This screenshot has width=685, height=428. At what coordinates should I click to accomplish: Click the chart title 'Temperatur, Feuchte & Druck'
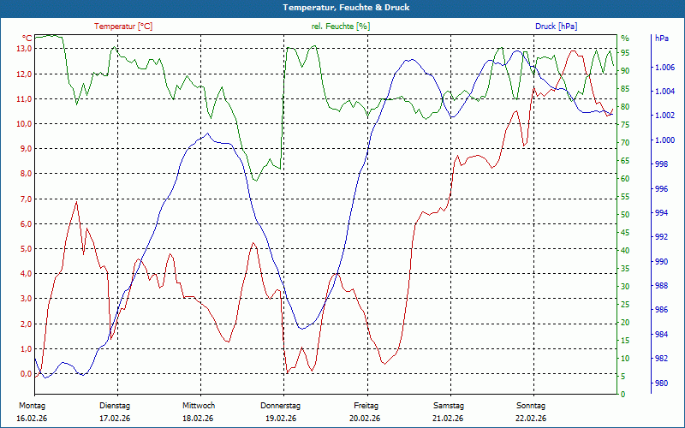pos(342,7)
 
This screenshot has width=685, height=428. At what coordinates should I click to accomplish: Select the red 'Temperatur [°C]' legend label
pos(123,27)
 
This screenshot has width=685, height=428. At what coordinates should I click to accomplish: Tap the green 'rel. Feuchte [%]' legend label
pos(341,27)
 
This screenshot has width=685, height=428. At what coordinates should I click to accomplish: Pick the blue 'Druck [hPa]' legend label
pos(557,27)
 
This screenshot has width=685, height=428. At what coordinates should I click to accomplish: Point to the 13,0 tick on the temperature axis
pos(24,49)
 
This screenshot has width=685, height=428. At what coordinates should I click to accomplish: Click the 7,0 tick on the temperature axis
pos(24,199)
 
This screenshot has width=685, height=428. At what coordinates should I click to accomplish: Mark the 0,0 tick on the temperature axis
pos(24,374)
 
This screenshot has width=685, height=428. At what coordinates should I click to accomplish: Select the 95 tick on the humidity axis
pos(625,52)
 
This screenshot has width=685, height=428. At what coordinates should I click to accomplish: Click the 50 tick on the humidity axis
pos(625,215)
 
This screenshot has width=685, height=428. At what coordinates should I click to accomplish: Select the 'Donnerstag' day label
pos(281,405)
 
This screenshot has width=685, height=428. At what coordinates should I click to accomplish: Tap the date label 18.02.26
pos(198,419)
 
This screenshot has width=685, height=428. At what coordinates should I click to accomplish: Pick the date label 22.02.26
pos(531,419)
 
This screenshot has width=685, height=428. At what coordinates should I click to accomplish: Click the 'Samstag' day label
pos(448,405)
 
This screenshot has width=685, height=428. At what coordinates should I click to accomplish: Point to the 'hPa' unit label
pos(661,39)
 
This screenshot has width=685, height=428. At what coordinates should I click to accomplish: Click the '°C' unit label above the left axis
pos(27,39)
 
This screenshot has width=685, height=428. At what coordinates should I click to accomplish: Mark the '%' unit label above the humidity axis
pos(625,39)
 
